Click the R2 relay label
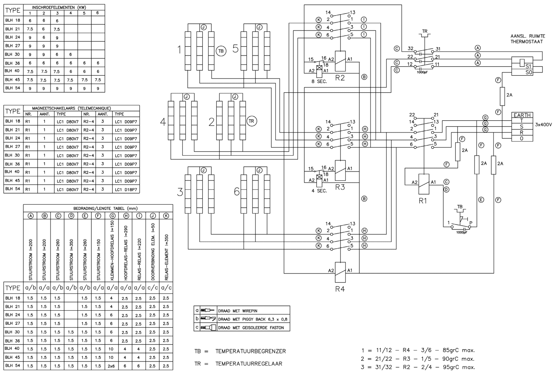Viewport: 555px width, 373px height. (x=340, y=78)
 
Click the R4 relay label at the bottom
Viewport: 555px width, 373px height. (x=340, y=289)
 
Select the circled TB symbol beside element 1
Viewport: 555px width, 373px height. (x=221, y=51)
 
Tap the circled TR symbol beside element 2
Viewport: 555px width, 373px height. (x=251, y=121)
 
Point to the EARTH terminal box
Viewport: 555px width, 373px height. (x=522, y=115)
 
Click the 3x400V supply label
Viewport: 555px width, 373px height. (x=544, y=124)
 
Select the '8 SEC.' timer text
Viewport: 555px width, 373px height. (x=319, y=81)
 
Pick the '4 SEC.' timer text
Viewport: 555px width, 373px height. (x=319, y=191)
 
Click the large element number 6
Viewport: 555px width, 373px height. (x=237, y=192)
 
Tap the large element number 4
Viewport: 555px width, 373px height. (x=163, y=123)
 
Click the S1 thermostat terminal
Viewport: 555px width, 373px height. (x=528, y=66)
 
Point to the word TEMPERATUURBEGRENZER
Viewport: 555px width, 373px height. (x=251, y=351)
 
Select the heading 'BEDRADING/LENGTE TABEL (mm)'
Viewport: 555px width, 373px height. (x=98, y=208)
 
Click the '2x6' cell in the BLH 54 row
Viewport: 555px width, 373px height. (x=111, y=366)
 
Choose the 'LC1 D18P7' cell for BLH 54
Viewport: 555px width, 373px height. (x=126, y=189)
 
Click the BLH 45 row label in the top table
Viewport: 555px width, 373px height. (x=13, y=80)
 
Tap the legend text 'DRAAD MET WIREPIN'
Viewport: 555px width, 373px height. (x=237, y=311)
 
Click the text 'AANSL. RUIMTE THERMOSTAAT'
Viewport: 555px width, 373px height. (x=527, y=39)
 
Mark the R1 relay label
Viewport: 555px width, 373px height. (x=423, y=201)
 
